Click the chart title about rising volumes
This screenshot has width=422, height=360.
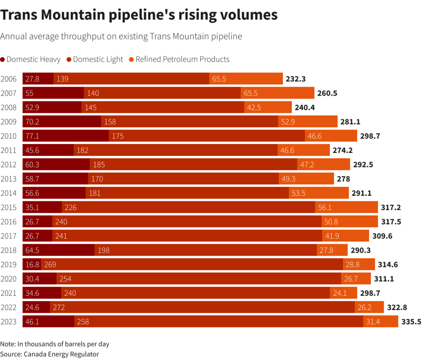(139, 15)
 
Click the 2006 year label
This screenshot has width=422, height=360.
(9, 79)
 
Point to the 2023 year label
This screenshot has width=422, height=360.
(9, 321)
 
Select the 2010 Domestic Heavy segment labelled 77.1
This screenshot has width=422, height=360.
(66, 136)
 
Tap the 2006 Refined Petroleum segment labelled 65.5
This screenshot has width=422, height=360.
(246, 79)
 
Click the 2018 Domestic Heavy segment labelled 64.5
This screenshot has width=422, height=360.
(59, 250)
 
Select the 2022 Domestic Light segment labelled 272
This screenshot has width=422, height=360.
(202, 307)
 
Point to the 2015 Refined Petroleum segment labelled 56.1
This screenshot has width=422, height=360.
(346, 207)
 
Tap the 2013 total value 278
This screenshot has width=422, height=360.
(343, 179)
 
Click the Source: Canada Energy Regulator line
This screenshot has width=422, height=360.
(49, 354)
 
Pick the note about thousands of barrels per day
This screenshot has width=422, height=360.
(55, 344)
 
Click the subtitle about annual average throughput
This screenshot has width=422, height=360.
(121, 36)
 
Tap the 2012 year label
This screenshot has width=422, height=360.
(9, 164)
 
